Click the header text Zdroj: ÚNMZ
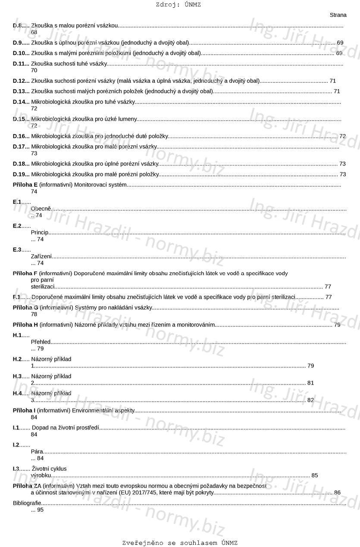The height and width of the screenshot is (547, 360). point(178,5)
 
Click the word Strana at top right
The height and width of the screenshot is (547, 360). point(338,15)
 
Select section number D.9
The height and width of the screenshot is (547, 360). point(19,43)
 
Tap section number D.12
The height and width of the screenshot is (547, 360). point(20,81)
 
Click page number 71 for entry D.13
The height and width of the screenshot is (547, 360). point(337,91)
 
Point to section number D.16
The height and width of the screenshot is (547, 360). point(20,136)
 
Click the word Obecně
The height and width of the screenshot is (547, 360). point(41,209)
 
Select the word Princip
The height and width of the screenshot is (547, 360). point(40,233)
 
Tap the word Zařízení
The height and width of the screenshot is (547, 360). point(41,256)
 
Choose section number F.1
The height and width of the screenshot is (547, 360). point(17,297)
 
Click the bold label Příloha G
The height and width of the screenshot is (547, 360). point(25,307)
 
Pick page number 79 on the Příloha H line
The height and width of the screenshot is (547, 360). point(337,325)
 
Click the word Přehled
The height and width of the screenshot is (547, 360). point(41,342)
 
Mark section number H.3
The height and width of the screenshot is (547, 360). point(17,376)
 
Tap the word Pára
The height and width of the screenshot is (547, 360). point(37,452)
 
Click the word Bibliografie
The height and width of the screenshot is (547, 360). point(27,503)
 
